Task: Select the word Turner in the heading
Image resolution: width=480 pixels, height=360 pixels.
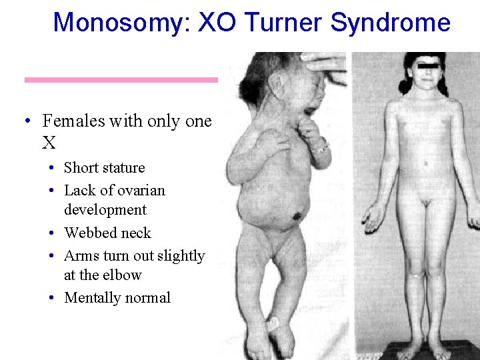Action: [x=285, y=23]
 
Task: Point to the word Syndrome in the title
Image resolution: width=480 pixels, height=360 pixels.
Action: [x=390, y=23]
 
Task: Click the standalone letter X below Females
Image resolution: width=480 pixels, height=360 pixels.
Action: [x=48, y=143]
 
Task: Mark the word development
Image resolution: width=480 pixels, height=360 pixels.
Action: [x=105, y=210]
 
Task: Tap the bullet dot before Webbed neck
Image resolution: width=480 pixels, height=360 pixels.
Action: [x=52, y=233]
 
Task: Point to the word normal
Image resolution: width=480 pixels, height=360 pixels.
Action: [x=149, y=298]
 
